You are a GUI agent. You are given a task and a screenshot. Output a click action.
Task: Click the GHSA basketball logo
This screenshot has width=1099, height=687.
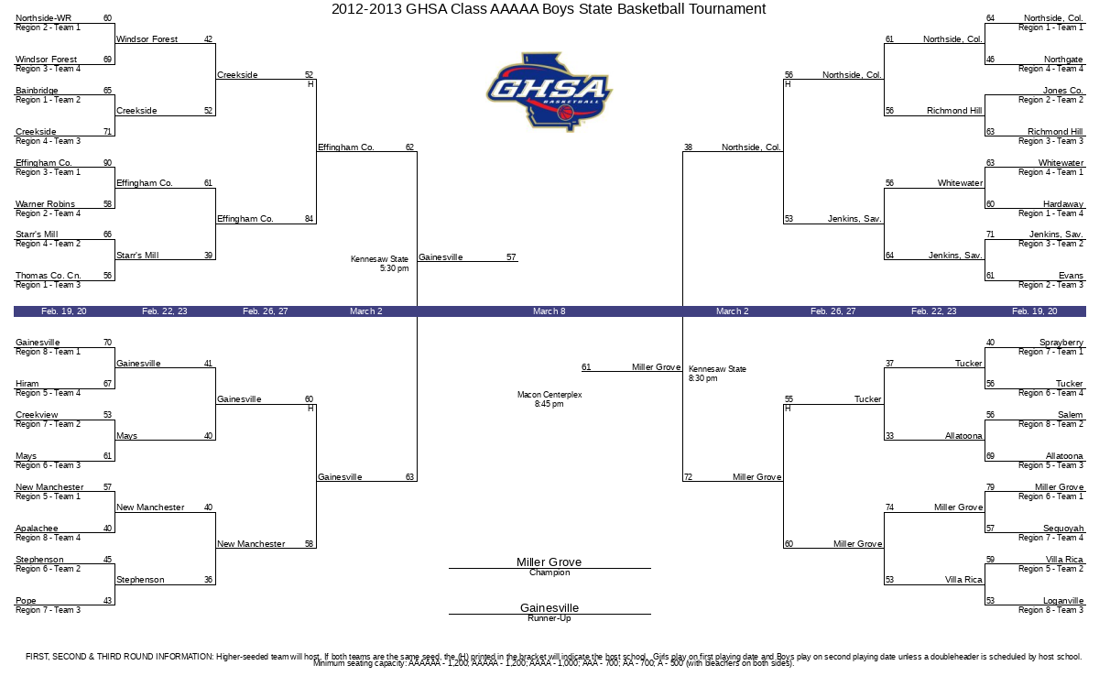click(x=549, y=92)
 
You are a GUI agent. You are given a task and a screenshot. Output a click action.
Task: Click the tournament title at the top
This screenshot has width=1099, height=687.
click(x=549, y=9)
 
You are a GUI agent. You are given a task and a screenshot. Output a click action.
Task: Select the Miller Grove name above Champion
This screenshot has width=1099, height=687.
click(x=549, y=562)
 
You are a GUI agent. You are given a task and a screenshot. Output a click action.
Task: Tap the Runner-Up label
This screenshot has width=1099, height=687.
click(x=549, y=618)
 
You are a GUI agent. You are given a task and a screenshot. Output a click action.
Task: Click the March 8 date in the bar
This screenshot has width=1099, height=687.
click(x=549, y=311)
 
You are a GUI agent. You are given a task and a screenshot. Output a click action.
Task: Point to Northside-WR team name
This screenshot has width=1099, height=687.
click(x=43, y=18)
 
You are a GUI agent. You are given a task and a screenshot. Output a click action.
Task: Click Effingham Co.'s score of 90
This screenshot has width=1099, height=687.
click(x=107, y=163)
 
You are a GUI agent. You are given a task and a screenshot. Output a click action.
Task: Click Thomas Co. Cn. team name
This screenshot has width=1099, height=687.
click(x=48, y=276)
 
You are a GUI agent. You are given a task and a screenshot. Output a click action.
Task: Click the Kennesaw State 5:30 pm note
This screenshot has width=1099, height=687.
click(x=379, y=264)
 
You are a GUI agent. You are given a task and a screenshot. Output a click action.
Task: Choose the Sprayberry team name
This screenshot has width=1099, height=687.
click(x=1061, y=343)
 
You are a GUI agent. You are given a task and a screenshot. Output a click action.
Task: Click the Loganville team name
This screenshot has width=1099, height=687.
click(x=1062, y=601)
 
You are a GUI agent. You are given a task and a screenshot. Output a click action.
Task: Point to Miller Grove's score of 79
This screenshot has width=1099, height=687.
click(x=991, y=487)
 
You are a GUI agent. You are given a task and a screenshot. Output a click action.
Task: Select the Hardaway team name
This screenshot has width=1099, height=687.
click(x=1062, y=203)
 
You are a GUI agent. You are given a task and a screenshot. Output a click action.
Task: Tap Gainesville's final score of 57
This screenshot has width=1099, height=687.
click(x=511, y=257)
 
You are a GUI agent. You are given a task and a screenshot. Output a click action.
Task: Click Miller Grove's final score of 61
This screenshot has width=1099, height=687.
click(x=586, y=367)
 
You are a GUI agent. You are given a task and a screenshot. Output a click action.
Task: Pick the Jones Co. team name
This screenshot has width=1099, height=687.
click(x=1062, y=91)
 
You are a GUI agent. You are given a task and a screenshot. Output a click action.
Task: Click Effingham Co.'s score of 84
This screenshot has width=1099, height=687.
click(x=310, y=219)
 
